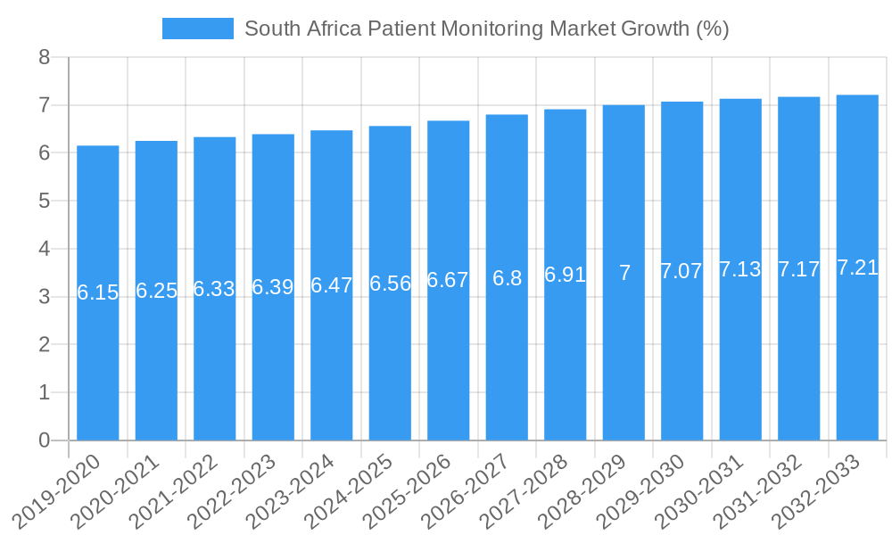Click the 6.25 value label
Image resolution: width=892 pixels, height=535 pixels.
click(x=156, y=291)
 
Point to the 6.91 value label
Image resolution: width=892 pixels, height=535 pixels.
click(x=566, y=275)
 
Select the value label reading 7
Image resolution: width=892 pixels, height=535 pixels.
click(x=624, y=273)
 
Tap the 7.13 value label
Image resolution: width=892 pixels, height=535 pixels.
click(x=740, y=269)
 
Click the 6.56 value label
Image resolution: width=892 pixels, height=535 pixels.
click(x=390, y=284)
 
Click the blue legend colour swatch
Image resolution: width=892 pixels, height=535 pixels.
click(x=197, y=29)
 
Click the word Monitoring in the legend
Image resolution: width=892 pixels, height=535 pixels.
click(x=492, y=29)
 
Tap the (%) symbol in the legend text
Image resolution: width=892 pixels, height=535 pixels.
click(x=712, y=29)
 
